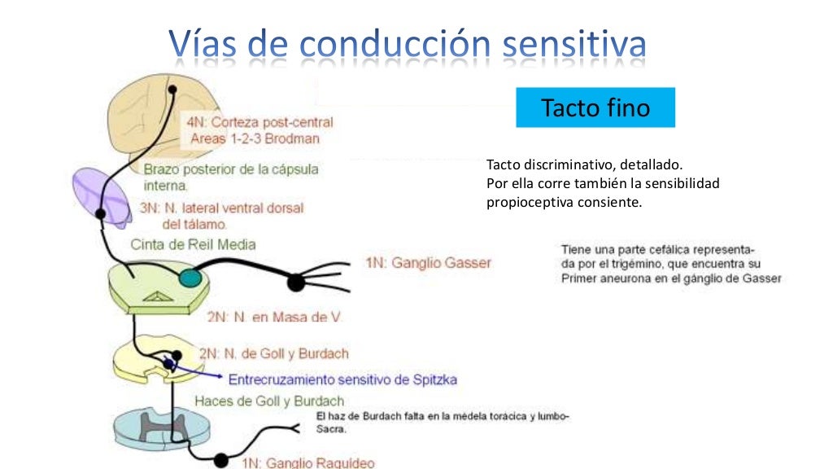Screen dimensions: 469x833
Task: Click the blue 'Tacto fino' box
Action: (595, 107)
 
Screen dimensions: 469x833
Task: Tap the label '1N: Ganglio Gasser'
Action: (428, 263)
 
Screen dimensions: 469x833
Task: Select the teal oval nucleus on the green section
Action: (191, 278)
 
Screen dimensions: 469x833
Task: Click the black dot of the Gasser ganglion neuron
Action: (295, 283)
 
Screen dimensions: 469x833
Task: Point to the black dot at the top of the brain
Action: (172, 89)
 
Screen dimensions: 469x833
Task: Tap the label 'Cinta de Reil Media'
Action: (194, 244)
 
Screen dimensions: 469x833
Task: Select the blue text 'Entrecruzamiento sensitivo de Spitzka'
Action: (342, 379)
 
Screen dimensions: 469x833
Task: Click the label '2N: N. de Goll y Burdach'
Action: (274, 353)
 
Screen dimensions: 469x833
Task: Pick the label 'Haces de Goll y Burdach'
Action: (268, 401)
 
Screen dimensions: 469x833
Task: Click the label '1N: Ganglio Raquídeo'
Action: (308, 462)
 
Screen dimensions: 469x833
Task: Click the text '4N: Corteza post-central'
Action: (259, 122)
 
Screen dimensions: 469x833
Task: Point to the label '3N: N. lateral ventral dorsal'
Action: (221, 208)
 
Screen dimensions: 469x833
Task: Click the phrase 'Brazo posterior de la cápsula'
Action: (231, 169)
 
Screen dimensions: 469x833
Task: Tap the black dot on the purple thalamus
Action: (101, 214)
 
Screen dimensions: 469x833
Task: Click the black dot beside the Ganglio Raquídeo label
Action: (221, 461)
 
